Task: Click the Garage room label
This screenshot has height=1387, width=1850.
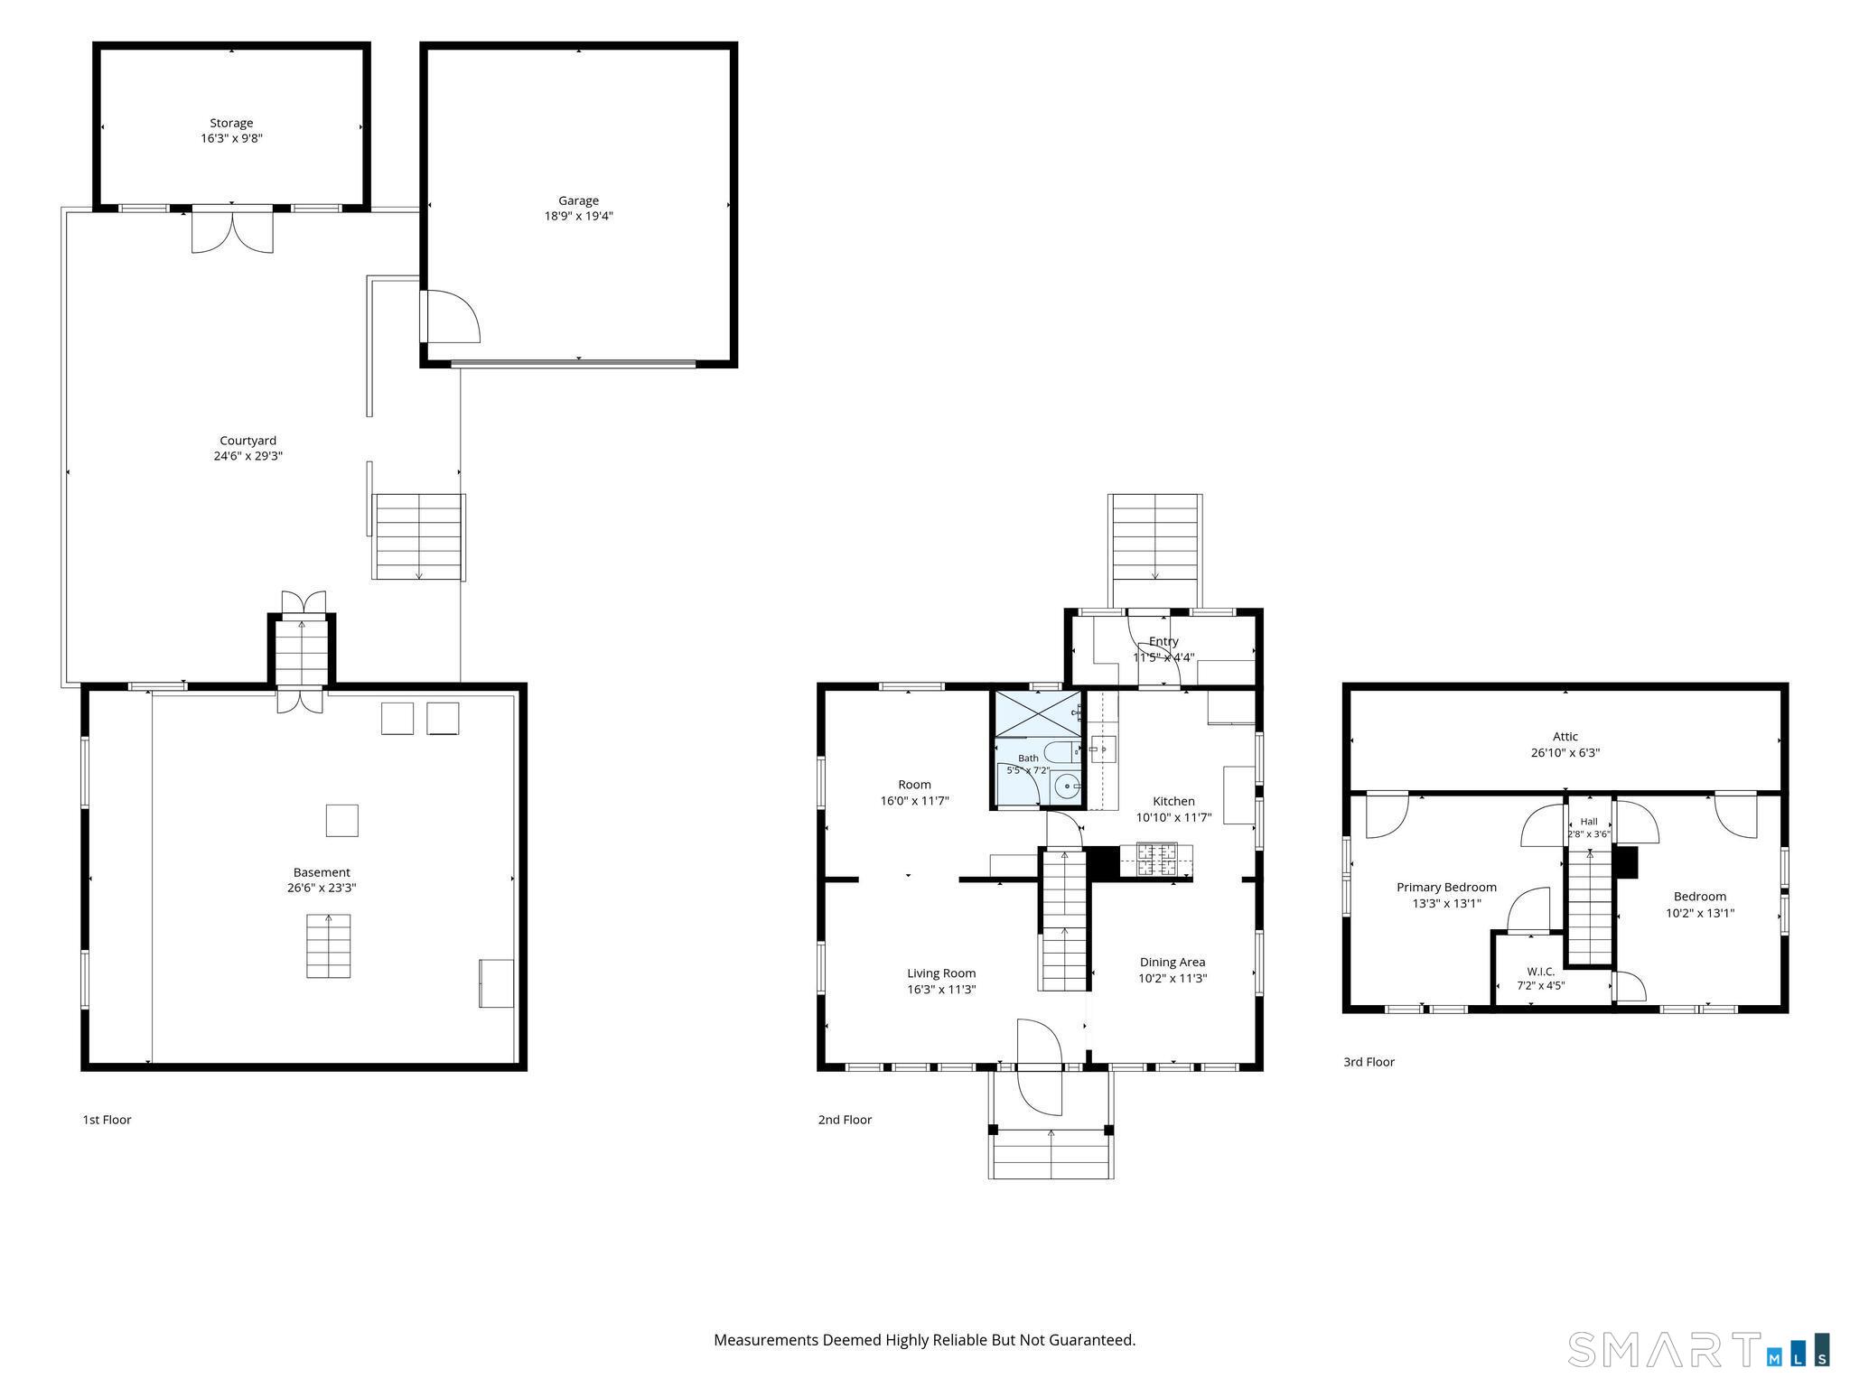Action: tap(578, 200)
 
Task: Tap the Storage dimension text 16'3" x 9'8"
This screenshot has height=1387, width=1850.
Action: tap(231, 138)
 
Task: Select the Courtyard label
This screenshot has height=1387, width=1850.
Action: tap(248, 441)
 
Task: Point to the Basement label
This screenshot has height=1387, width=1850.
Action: tap(322, 872)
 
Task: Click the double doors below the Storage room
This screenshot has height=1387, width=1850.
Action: tap(232, 229)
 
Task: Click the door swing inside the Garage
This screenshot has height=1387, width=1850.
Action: tap(453, 316)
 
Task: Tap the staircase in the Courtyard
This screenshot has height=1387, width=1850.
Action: tap(419, 536)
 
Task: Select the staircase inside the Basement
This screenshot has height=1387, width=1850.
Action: tap(328, 945)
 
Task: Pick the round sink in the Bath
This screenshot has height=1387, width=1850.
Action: tap(1068, 787)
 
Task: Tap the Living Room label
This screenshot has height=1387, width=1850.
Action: tap(941, 973)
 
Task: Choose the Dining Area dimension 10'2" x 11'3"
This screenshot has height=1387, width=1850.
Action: tap(1173, 978)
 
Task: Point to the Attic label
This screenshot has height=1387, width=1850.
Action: tap(1565, 737)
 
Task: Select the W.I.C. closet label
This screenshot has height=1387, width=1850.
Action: tap(1541, 972)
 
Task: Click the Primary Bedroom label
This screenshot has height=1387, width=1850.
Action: tap(1446, 888)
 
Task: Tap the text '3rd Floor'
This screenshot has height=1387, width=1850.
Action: tap(1369, 1062)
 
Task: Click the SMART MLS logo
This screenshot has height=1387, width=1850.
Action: tap(1699, 1349)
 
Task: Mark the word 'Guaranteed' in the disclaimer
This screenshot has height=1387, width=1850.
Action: tap(1094, 1341)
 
